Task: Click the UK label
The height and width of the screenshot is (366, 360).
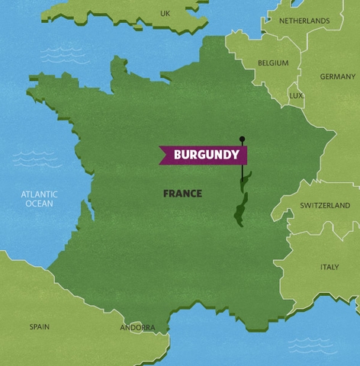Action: (165, 13)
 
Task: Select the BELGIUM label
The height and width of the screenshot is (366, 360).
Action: (273, 63)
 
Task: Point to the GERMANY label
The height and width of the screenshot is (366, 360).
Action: (337, 77)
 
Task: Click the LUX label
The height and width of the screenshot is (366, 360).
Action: (296, 96)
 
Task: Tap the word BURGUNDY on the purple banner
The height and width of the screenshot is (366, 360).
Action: (206, 155)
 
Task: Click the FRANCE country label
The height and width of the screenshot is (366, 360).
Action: (182, 194)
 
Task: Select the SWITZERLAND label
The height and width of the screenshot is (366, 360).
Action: (325, 206)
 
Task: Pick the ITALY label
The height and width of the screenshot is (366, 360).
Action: (329, 267)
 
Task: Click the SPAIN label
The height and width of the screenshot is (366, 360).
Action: (40, 326)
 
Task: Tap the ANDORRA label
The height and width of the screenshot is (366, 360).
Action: (137, 328)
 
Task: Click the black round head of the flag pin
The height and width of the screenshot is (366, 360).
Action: (242, 139)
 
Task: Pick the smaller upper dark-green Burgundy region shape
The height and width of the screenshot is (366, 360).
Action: (246, 181)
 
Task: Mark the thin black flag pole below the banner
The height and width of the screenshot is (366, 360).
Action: (242, 172)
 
